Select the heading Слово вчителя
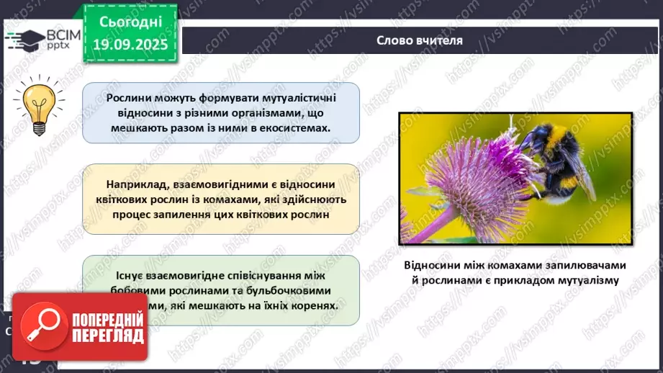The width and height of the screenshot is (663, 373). coord(420,40)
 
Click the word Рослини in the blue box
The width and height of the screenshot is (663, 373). coord(129,97)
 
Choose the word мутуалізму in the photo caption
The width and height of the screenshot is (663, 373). coord(584,280)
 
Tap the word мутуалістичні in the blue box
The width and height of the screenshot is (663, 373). coord(293,97)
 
